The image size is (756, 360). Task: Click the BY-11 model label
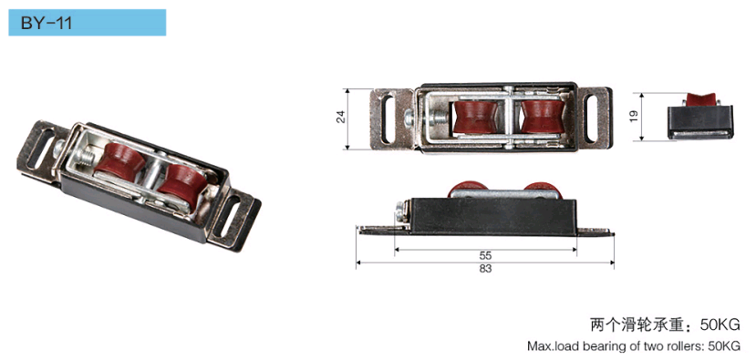pyautogui.click(x=47, y=23)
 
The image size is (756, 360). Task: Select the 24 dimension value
pyautogui.click(x=341, y=117)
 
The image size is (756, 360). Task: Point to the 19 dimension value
pyautogui.click(x=634, y=116)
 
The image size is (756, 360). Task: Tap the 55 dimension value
pyautogui.click(x=485, y=256)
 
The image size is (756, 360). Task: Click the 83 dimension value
pyautogui.click(x=485, y=269)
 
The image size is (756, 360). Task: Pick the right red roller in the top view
pyautogui.click(x=543, y=117)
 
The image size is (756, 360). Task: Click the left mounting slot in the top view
pyautogui.click(x=388, y=119)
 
